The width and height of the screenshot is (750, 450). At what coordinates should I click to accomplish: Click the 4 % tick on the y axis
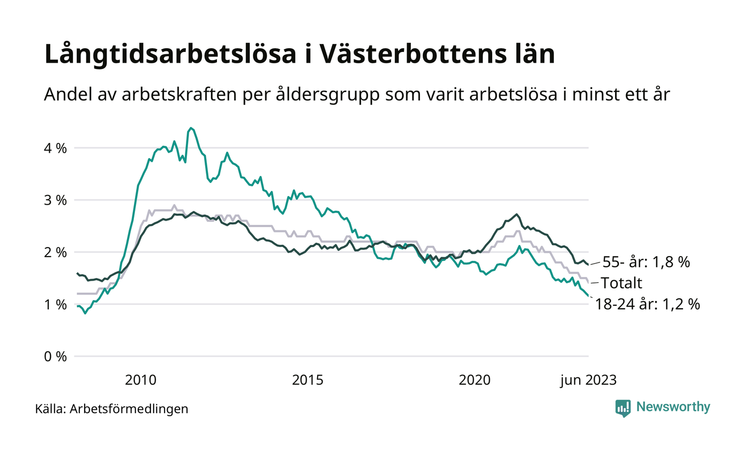coord(55,148)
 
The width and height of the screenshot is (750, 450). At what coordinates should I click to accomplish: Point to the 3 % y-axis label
coord(55,200)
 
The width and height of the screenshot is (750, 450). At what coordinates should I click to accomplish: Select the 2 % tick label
coord(55,252)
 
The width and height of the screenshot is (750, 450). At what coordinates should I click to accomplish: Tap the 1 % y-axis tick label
coord(55,304)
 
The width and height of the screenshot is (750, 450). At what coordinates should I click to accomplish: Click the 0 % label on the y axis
coord(55,356)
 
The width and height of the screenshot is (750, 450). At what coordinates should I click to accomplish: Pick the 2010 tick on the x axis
coord(140,380)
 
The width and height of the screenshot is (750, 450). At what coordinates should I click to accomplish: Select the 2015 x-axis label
coord(307,380)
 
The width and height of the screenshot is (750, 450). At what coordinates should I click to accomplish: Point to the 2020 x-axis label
coord(475,380)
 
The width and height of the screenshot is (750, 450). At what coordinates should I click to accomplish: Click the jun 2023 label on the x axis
coord(588,380)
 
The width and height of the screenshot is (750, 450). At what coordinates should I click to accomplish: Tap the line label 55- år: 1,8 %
coord(646,262)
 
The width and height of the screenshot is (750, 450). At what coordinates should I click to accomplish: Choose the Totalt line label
coord(621,283)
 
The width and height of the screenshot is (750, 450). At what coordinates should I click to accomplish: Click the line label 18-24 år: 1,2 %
coord(648,304)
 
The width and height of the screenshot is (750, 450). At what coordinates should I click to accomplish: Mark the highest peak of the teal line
coord(190,128)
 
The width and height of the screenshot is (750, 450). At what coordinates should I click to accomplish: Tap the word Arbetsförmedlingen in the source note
coord(129,409)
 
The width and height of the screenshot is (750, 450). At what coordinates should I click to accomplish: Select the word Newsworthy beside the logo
coord(673,407)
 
